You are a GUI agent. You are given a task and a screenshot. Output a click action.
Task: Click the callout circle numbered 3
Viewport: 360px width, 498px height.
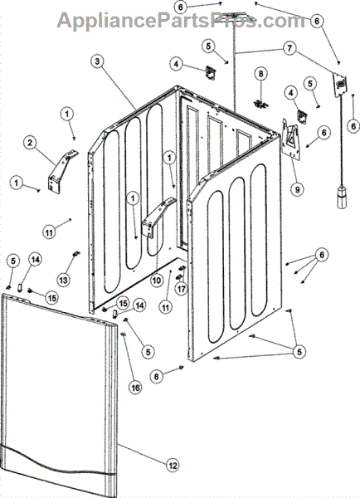point(97,61)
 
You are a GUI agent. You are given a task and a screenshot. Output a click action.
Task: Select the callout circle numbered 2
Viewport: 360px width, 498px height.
point(30,143)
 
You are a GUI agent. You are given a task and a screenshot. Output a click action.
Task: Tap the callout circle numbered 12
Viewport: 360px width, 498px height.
point(173,466)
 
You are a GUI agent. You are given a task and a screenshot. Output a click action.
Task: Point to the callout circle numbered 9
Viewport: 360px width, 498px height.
point(298,189)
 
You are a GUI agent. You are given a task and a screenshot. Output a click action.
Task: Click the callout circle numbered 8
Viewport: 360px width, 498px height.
point(260,74)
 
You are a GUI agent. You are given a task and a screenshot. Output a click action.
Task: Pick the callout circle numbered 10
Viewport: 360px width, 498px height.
point(157,281)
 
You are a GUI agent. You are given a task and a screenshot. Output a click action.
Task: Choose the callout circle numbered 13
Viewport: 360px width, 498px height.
point(63,281)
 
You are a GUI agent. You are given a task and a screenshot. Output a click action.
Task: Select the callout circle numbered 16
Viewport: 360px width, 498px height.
point(135,388)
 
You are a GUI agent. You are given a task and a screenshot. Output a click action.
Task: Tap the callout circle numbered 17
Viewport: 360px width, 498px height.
point(182,289)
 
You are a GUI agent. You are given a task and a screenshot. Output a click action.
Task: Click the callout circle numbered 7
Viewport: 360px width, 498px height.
point(289,49)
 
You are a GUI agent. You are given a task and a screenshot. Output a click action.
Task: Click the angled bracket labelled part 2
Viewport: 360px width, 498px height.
point(62,170)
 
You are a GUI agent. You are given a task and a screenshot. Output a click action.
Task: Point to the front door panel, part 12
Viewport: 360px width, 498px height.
point(59,395)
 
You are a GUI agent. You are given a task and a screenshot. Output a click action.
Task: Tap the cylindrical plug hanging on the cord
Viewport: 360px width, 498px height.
point(343,198)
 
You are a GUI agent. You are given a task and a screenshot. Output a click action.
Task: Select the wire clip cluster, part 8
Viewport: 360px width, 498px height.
point(261,104)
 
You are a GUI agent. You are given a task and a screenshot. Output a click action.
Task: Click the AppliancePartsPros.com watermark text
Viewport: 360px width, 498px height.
point(182,20)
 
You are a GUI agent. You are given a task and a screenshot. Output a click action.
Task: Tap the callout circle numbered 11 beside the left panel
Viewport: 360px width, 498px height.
point(49,232)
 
